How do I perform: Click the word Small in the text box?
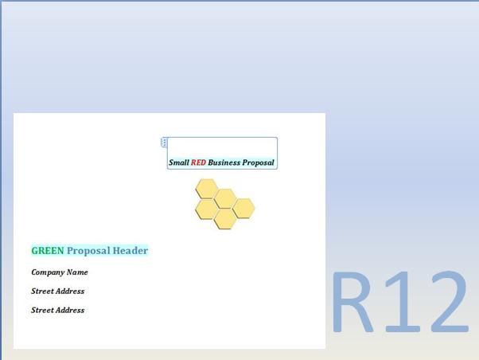point(178,162)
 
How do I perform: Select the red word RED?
point(198,162)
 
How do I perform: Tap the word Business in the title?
point(224,162)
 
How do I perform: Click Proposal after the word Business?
point(258,162)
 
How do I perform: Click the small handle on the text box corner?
point(165,142)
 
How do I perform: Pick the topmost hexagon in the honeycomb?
point(207,189)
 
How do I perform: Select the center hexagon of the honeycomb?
point(225,198)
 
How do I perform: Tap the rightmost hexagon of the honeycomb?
point(243,209)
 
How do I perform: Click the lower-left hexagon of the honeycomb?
point(207,209)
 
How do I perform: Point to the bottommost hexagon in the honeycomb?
point(225,219)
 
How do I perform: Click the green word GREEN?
point(48,251)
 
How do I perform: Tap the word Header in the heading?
point(130,251)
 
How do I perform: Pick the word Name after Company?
point(78,272)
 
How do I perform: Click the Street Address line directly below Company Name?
point(57,292)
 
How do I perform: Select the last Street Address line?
point(57,311)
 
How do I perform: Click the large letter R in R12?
point(353,303)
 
